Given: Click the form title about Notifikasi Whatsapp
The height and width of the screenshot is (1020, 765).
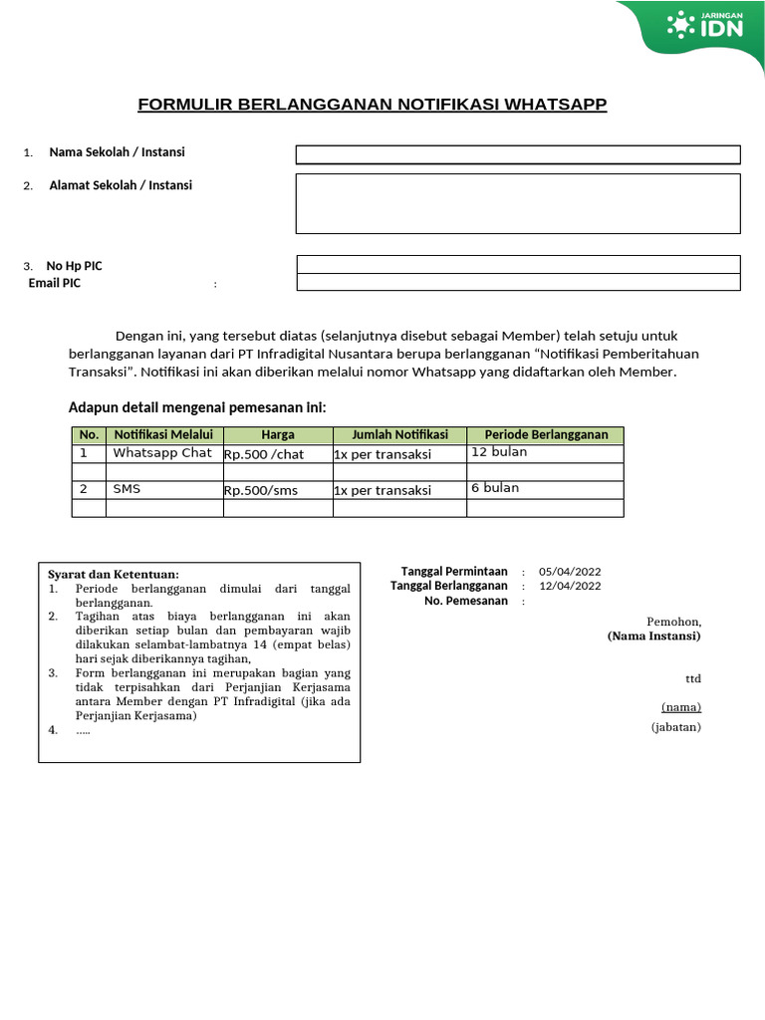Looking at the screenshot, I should tap(372, 105).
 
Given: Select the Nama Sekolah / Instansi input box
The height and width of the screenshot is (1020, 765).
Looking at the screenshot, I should tap(517, 154).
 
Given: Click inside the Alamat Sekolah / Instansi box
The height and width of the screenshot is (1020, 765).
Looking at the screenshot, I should tap(517, 203).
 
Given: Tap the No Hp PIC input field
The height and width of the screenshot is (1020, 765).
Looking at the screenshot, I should tap(518, 264).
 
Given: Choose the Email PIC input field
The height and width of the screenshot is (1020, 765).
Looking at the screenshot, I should tap(518, 282).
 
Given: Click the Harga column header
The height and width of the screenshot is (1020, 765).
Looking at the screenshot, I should tap(278, 435).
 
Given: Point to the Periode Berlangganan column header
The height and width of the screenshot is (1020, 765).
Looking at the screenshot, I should tap(545, 435).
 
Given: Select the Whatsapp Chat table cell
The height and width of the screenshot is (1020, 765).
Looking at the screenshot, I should tap(163, 453).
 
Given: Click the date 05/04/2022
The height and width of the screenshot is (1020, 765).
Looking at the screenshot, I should tap(570, 572).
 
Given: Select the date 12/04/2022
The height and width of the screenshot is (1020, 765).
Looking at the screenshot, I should tap(570, 587).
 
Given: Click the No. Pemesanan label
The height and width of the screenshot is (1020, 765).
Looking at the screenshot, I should tap(465, 601).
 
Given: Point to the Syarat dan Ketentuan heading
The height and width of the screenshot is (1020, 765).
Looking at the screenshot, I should tap(114, 574).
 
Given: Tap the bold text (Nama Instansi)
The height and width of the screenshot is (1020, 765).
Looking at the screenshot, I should tap(653, 636).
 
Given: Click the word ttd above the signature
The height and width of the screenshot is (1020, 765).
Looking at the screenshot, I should tap(692, 678).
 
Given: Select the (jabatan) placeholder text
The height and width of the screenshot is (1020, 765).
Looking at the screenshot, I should tap(676, 727).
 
